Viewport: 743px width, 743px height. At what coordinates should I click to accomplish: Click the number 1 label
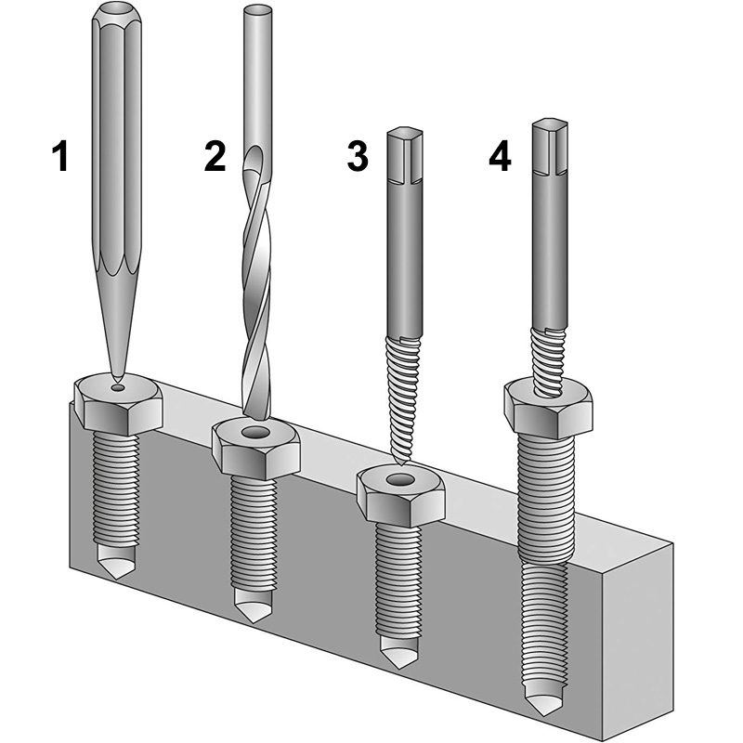click(60, 155)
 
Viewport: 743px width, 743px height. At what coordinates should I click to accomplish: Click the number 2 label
click(215, 155)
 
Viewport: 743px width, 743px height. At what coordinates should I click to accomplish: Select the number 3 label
click(357, 155)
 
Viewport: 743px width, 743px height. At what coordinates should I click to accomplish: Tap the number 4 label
click(500, 155)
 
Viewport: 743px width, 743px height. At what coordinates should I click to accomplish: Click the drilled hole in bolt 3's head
click(401, 479)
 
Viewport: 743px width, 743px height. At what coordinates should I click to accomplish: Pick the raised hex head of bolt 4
click(550, 406)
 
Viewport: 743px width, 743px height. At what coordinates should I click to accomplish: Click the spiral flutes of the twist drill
click(256, 279)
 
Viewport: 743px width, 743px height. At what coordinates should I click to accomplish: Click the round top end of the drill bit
click(257, 11)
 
